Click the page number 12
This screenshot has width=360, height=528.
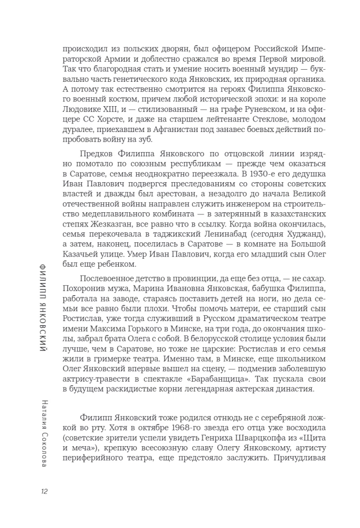44,492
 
